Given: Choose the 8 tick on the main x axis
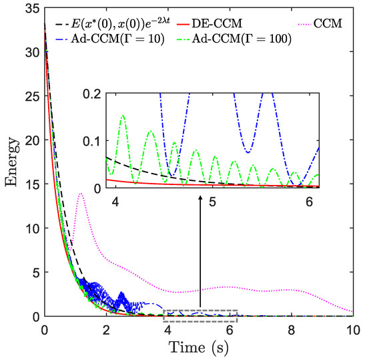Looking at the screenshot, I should tap(291, 329).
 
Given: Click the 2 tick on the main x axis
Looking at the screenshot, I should tap(105, 329).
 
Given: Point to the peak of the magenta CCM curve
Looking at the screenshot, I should tap(81, 194).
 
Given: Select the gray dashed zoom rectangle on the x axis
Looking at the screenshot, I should tap(200, 316).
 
